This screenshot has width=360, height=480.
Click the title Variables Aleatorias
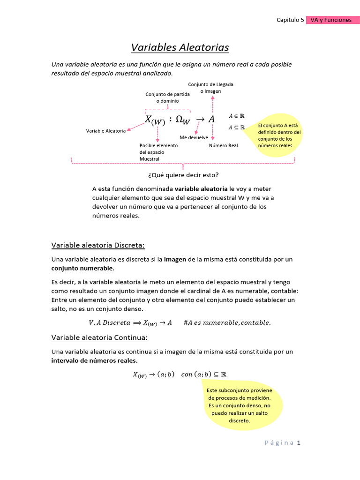(x=180, y=48)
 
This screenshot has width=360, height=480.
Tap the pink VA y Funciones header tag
(x=331, y=20)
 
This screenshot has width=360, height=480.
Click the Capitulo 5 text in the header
(x=290, y=20)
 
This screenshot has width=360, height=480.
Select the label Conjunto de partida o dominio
(x=167, y=97)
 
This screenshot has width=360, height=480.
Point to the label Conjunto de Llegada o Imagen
(x=210, y=88)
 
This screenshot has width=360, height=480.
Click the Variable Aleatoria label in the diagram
(x=105, y=131)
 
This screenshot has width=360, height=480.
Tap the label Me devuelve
(x=194, y=137)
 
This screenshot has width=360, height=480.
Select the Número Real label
(x=223, y=145)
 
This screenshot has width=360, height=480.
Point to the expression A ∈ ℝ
(x=237, y=116)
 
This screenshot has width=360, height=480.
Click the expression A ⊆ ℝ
(x=237, y=127)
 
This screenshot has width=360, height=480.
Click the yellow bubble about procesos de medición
(x=239, y=405)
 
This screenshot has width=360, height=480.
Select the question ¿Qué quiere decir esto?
(x=183, y=175)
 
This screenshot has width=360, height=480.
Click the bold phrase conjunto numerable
(x=82, y=268)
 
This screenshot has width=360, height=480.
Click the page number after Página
(x=298, y=442)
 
